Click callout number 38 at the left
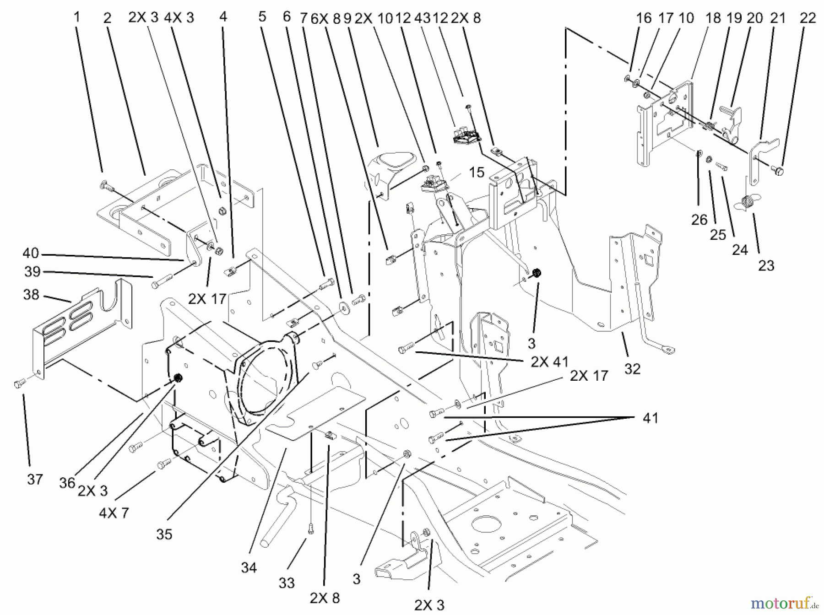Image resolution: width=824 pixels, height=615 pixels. point(31,295)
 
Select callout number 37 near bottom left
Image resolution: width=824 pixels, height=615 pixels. point(35,479)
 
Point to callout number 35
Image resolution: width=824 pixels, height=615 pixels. point(164,534)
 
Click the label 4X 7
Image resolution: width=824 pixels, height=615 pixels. point(114,512)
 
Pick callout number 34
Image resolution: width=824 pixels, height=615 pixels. point(249,567)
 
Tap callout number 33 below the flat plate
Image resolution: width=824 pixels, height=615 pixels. point(287,583)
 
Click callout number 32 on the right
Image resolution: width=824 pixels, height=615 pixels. point(632,368)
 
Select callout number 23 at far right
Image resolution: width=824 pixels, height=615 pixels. point(766,265)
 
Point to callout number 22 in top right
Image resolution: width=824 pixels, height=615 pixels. point(808,18)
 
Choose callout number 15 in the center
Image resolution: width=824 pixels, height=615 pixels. point(477,173)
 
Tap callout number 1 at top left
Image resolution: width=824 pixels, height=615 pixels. point(77,17)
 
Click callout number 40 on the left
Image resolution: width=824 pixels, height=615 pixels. point(31,253)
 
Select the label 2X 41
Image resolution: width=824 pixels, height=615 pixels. point(549,361)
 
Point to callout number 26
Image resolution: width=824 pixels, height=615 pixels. point(699,220)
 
